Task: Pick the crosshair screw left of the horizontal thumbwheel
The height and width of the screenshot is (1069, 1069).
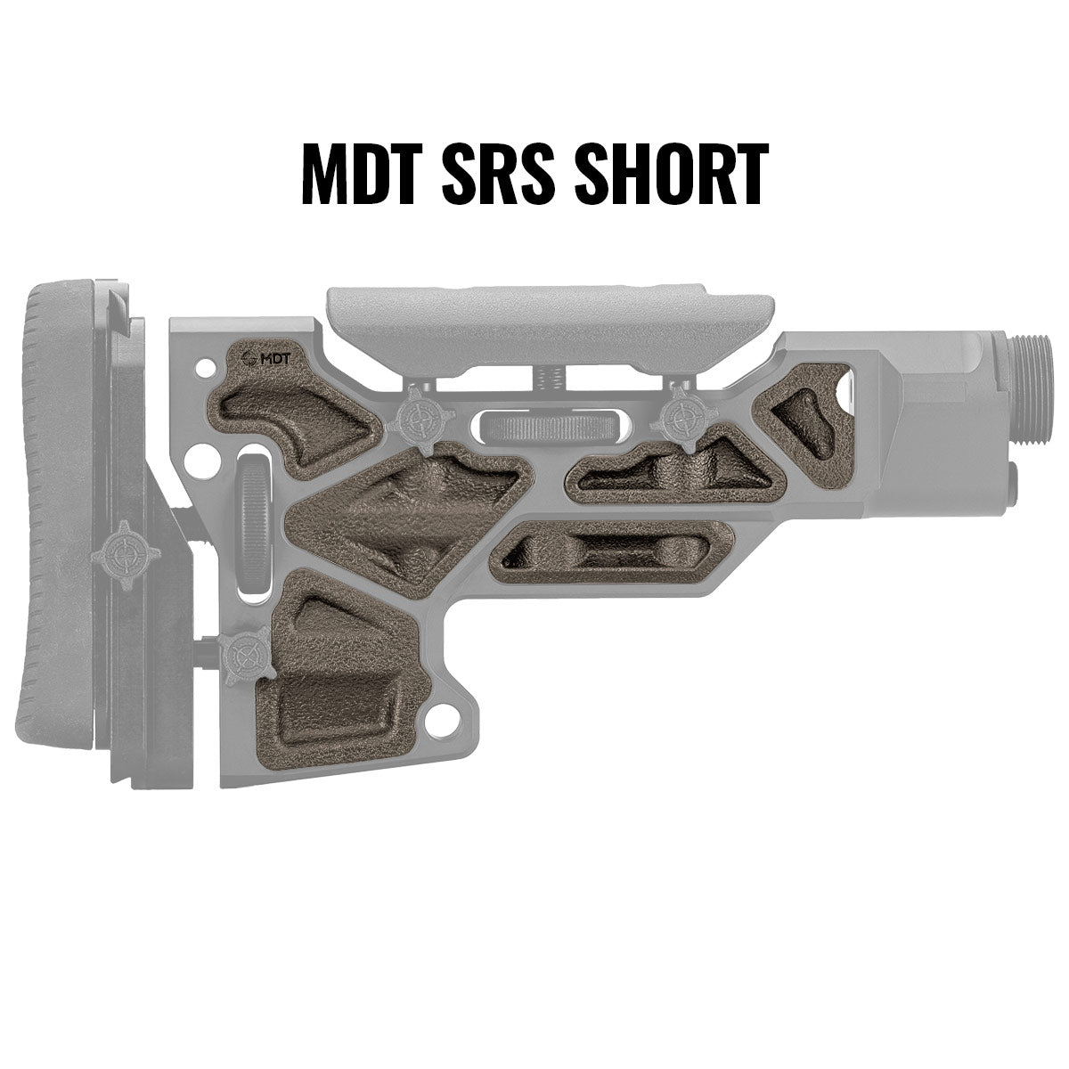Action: [417, 415]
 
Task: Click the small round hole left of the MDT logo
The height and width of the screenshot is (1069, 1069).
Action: [210, 364]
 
